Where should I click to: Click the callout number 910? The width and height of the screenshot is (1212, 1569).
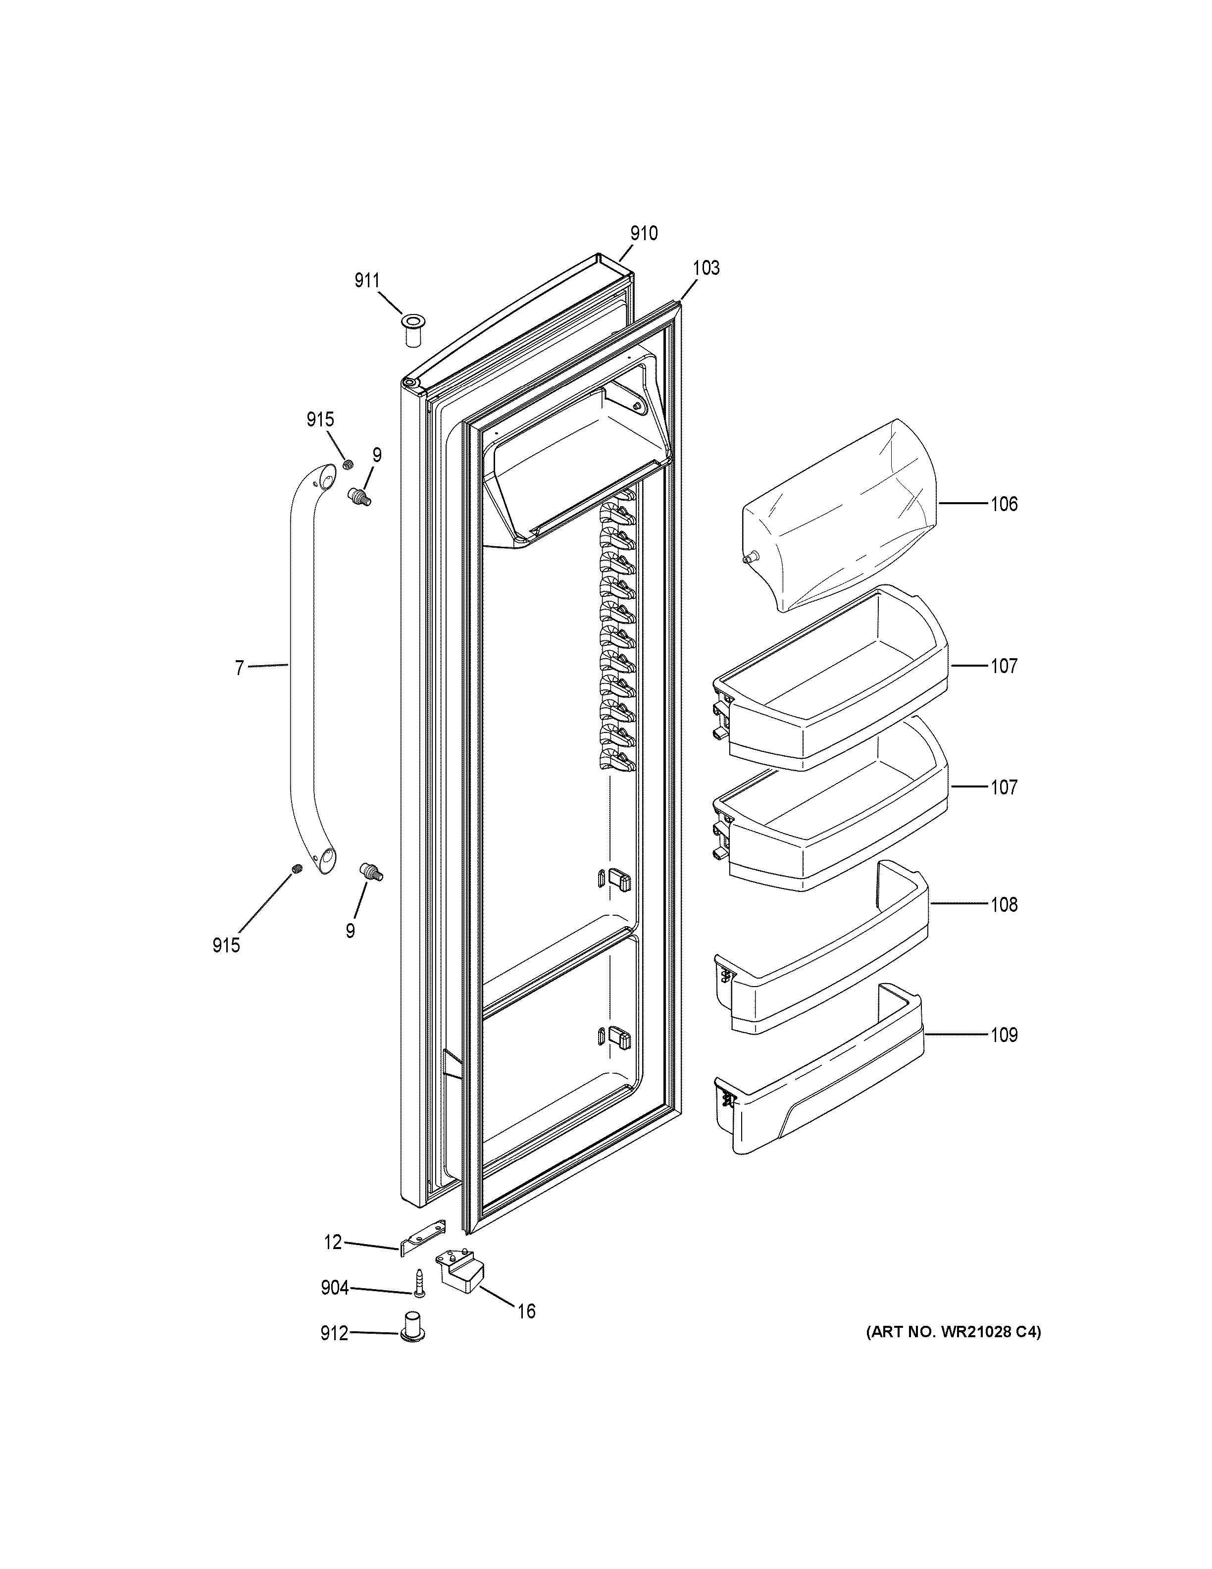point(643,233)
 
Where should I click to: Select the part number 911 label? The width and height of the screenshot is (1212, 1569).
point(367,281)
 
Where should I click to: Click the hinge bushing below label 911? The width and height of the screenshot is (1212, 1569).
point(412,330)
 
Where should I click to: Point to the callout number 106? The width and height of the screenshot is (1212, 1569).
point(1004,504)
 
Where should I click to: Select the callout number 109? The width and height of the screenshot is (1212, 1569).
point(1004,1035)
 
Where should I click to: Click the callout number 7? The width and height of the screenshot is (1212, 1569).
point(240,668)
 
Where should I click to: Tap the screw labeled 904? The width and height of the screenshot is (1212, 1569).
point(418,1302)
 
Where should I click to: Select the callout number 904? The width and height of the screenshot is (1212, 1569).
point(335,1289)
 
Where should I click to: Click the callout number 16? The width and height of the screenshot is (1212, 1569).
point(526,1312)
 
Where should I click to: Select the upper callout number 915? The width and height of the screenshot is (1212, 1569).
point(320,419)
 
